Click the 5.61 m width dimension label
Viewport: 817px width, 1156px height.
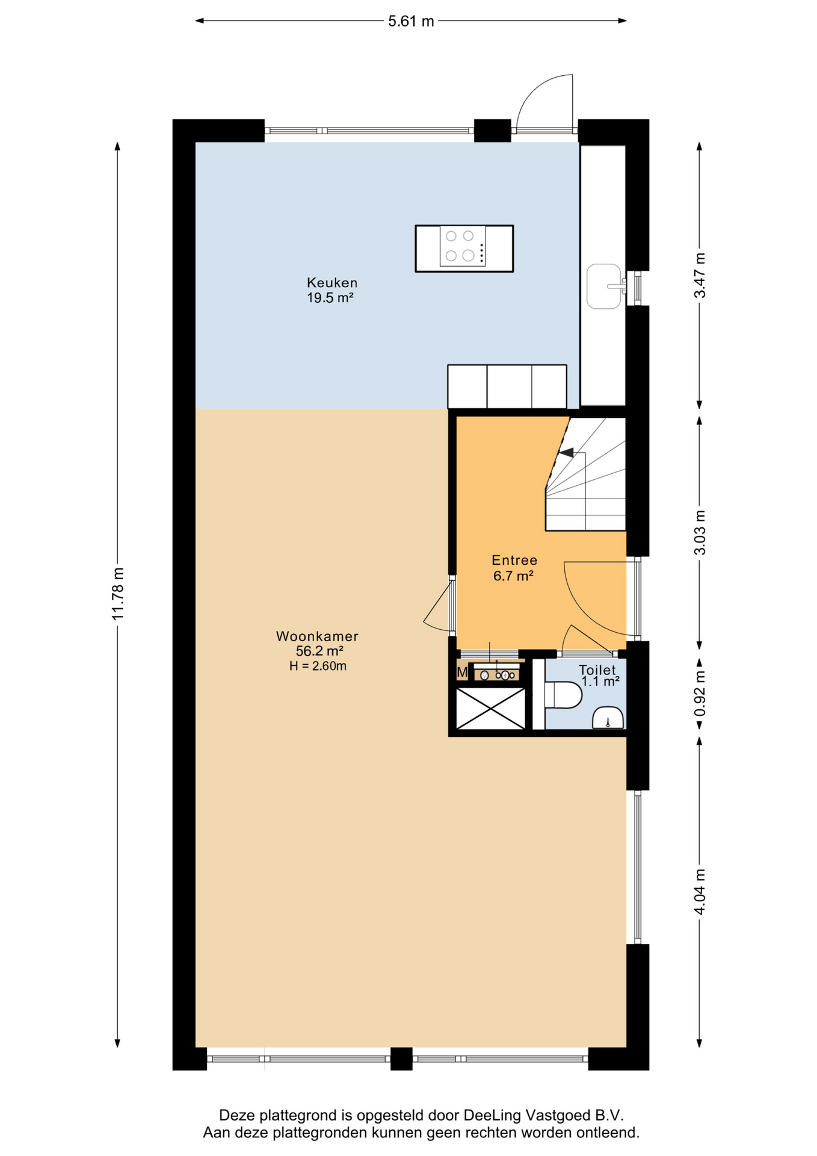point(411,21)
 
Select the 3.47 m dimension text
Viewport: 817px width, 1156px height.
point(700,275)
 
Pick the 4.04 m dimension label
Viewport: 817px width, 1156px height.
point(700,892)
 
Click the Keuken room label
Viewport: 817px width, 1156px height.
point(332,282)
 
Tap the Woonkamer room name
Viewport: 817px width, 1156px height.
point(317,636)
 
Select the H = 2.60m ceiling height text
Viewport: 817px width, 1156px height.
point(318,666)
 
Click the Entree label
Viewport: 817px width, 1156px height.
point(514,560)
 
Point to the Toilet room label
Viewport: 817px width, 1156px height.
point(597,670)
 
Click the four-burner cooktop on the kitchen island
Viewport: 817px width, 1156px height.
point(463,246)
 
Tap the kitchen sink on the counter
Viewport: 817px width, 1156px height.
point(605,287)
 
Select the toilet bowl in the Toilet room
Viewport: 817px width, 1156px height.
point(563,695)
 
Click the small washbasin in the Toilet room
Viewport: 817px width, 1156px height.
point(608,718)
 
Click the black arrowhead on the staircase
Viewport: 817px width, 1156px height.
point(566,452)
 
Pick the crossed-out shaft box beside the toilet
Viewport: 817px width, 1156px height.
point(491,709)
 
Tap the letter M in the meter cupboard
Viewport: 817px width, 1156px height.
point(462,672)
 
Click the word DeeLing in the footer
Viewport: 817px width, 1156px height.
point(492,1115)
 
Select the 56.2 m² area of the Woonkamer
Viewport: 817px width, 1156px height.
point(319,651)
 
